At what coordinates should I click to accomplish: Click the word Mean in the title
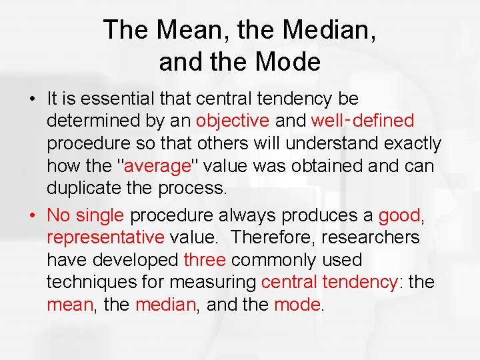click(x=180, y=31)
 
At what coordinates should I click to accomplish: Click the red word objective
click(x=233, y=121)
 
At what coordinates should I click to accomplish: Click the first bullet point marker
click(x=31, y=99)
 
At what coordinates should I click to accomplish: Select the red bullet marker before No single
click(x=31, y=215)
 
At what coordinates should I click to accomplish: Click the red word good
click(x=399, y=215)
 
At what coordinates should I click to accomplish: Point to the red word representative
click(x=105, y=237)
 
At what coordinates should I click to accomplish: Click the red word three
click(x=205, y=260)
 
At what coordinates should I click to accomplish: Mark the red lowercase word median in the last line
click(x=165, y=305)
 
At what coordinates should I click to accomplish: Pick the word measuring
click(x=216, y=283)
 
